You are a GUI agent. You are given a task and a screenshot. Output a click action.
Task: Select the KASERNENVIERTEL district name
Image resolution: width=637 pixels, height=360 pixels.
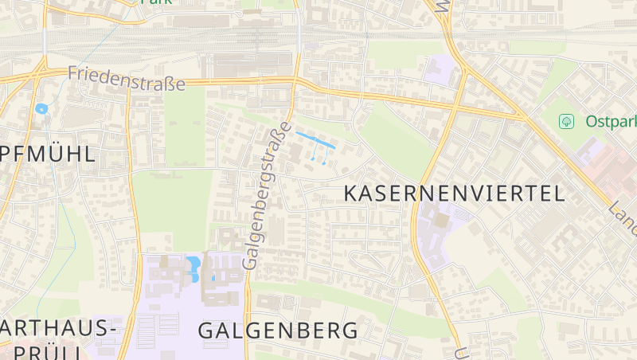(454, 193)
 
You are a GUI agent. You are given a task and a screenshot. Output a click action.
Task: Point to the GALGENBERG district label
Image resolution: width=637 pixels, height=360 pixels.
(277, 331)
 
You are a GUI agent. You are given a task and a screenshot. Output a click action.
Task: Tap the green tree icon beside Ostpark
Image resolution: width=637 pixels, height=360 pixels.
(567, 121)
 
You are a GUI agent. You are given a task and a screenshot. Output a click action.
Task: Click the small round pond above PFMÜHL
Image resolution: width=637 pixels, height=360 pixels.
(41, 108)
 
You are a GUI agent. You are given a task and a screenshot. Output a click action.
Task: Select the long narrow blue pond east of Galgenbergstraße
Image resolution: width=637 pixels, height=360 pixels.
(315, 141)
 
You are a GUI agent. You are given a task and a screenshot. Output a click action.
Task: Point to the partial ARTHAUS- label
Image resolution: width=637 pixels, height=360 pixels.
(57, 328)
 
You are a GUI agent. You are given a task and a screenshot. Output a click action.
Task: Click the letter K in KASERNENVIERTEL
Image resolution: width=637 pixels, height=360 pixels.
(350, 193)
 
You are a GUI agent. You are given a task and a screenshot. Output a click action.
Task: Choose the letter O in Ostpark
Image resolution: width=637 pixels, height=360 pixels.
(591, 122)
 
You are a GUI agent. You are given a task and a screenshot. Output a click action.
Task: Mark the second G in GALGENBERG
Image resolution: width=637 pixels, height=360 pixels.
(251, 331)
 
